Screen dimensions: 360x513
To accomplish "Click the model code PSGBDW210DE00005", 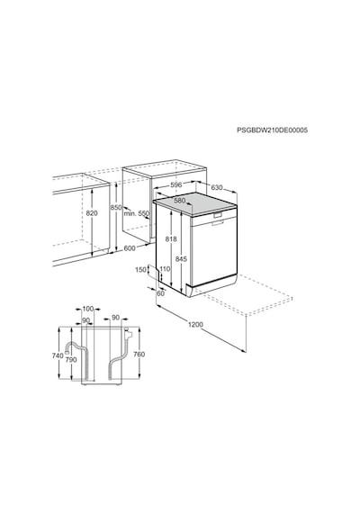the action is click(x=273, y=130).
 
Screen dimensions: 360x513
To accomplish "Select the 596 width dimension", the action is click(x=176, y=184).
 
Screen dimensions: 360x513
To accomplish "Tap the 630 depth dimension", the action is click(x=217, y=187).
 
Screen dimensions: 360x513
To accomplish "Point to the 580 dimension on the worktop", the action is click(x=180, y=201).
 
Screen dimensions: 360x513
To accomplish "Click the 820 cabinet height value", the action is click(x=92, y=213).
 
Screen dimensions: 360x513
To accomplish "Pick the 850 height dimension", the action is click(x=115, y=207).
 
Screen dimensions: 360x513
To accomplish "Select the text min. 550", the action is click(x=136, y=213).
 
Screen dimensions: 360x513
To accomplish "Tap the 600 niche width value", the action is click(x=130, y=248).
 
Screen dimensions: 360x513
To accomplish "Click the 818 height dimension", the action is click(x=171, y=239).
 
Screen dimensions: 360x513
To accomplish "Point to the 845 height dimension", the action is click(x=181, y=259).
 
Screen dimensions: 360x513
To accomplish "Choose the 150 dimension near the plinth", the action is click(x=140, y=270).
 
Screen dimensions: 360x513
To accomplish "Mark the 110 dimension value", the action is click(x=165, y=269).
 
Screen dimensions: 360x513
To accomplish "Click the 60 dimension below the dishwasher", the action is click(x=161, y=293).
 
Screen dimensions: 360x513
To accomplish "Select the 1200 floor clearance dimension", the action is click(x=195, y=325).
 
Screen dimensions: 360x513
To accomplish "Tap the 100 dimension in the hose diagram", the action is click(x=87, y=309).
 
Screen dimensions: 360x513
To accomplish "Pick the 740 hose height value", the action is click(x=58, y=355).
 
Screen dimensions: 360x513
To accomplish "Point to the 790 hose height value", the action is click(x=71, y=360).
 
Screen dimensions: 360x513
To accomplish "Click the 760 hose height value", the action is click(x=139, y=355).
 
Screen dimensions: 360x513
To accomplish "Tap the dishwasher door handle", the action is click(x=217, y=214).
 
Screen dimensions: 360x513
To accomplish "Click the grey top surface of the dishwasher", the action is click(x=195, y=203).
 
